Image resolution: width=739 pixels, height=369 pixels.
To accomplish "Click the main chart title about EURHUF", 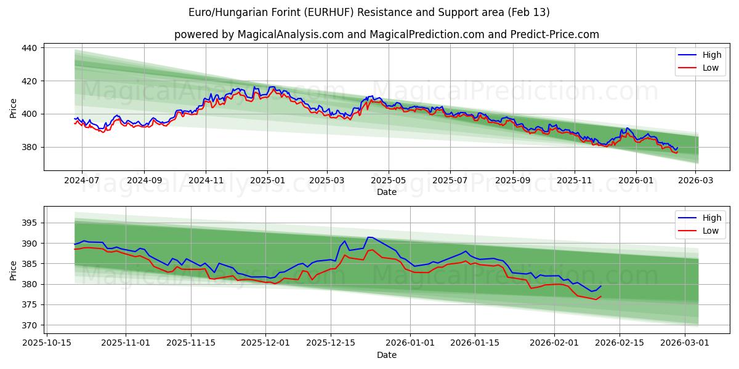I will pyautogui.click(x=369, y=12).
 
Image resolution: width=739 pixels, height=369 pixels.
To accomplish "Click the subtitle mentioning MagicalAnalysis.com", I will pyautogui.click(x=386, y=34).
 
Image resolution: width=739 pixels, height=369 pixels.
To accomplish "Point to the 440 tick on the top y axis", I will pyautogui.click(x=31, y=48).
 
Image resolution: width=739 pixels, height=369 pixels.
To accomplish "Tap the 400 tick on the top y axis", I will pyautogui.click(x=31, y=114).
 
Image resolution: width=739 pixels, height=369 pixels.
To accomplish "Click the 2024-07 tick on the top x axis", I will pyautogui.click(x=81, y=181).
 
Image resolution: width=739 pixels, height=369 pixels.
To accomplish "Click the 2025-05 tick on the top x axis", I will pyautogui.click(x=389, y=181).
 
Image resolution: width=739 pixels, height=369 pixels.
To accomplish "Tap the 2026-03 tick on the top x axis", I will pyautogui.click(x=695, y=181).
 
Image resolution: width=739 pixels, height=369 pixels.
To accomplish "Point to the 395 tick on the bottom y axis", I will pyautogui.click(x=31, y=223).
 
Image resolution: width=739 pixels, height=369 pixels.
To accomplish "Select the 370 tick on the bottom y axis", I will pyautogui.click(x=31, y=325).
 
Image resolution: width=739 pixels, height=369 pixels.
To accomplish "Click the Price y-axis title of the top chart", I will pyautogui.click(x=14, y=108).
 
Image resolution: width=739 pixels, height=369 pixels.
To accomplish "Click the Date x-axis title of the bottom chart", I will pyautogui.click(x=386, y=355).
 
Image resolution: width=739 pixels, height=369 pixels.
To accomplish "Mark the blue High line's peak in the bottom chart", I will pyautogui.click(x=369, y=237).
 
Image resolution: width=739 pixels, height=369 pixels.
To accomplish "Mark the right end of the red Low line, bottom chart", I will pyautogui.click(x=601, y=296).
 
